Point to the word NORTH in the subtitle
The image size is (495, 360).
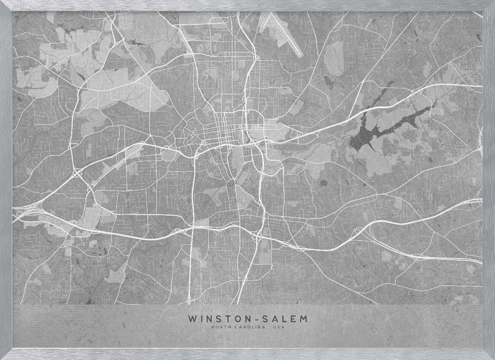tap(218, 327)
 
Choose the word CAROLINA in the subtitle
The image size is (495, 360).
tap(246, 327)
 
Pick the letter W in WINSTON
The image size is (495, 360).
tap(192, 318)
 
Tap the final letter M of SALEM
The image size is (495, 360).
tap(303, 318)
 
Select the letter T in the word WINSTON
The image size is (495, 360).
tap(233, 318)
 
